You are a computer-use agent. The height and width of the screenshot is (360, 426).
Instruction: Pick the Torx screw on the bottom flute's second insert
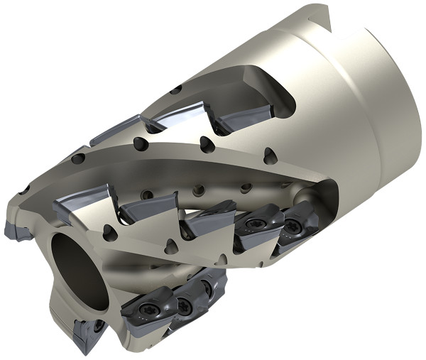pos(186,305)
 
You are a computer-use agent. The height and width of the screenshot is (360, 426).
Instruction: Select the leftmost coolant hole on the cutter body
pos(24,190)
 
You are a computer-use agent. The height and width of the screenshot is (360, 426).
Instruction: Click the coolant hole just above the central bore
pos(107,233)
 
